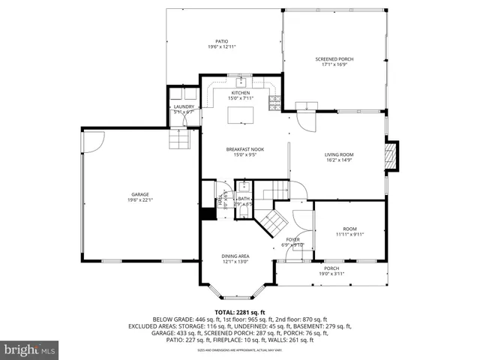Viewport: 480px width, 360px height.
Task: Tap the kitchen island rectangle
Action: click(241, 113)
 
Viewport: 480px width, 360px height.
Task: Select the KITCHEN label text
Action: click(241, 92)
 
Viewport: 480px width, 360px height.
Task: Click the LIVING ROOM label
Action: click(340, 154)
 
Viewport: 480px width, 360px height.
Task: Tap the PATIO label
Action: click(222, 41)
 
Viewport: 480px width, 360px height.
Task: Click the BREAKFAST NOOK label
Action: click(245, 149)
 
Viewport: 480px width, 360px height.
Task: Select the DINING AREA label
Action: click(235, 256)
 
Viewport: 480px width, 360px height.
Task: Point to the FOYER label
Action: click(292, 239)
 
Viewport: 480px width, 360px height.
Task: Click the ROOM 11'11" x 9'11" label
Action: click(349, 229)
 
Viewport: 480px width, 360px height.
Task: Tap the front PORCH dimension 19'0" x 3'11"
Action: click(331, 274)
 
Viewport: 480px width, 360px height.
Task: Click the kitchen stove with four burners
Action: click(274, 97)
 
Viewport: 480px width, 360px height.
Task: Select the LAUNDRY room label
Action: click(184, 106)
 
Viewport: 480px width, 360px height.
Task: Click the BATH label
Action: click(244, 199)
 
